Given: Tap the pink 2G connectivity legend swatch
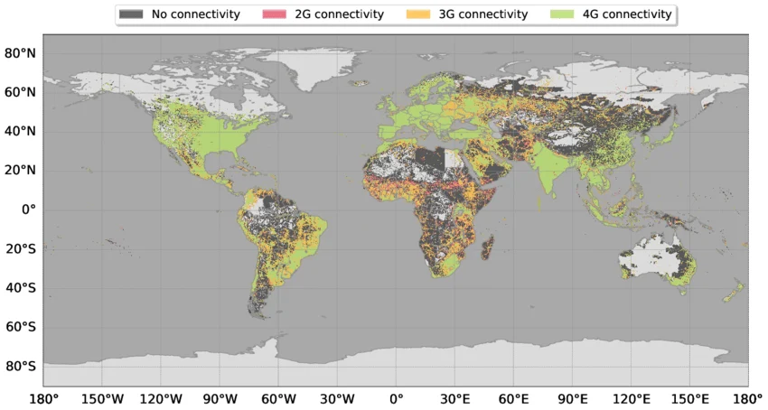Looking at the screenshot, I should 273,14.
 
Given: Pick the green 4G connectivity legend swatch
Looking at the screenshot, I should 560,14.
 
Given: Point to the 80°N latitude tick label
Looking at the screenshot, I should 20,52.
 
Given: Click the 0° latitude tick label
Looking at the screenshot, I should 29,210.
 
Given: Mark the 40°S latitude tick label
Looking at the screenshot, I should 20,288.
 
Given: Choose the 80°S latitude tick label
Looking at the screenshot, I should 20,367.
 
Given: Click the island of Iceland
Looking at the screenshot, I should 361,83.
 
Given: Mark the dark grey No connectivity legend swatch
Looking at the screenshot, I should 131,14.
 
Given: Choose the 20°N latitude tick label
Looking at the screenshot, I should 20,170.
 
